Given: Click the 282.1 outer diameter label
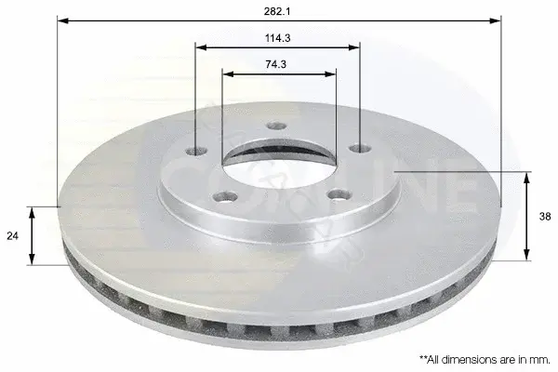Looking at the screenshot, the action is (x=277, y=11).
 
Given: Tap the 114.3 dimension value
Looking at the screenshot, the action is (x=277, y=38).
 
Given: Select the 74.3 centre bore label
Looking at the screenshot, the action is (x=276, y=64).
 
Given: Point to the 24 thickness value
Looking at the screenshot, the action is (x=12, y=235).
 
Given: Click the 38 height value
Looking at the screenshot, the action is (x=545, y=217).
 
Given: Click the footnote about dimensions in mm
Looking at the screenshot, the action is (x=485, y=359).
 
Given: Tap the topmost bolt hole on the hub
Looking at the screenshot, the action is (x=277, y=126).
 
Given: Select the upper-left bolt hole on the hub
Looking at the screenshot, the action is (x=197, y=151).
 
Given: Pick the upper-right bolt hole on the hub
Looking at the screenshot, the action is (x=360, y=148).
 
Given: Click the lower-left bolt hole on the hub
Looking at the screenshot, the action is (x=225, y=196).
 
